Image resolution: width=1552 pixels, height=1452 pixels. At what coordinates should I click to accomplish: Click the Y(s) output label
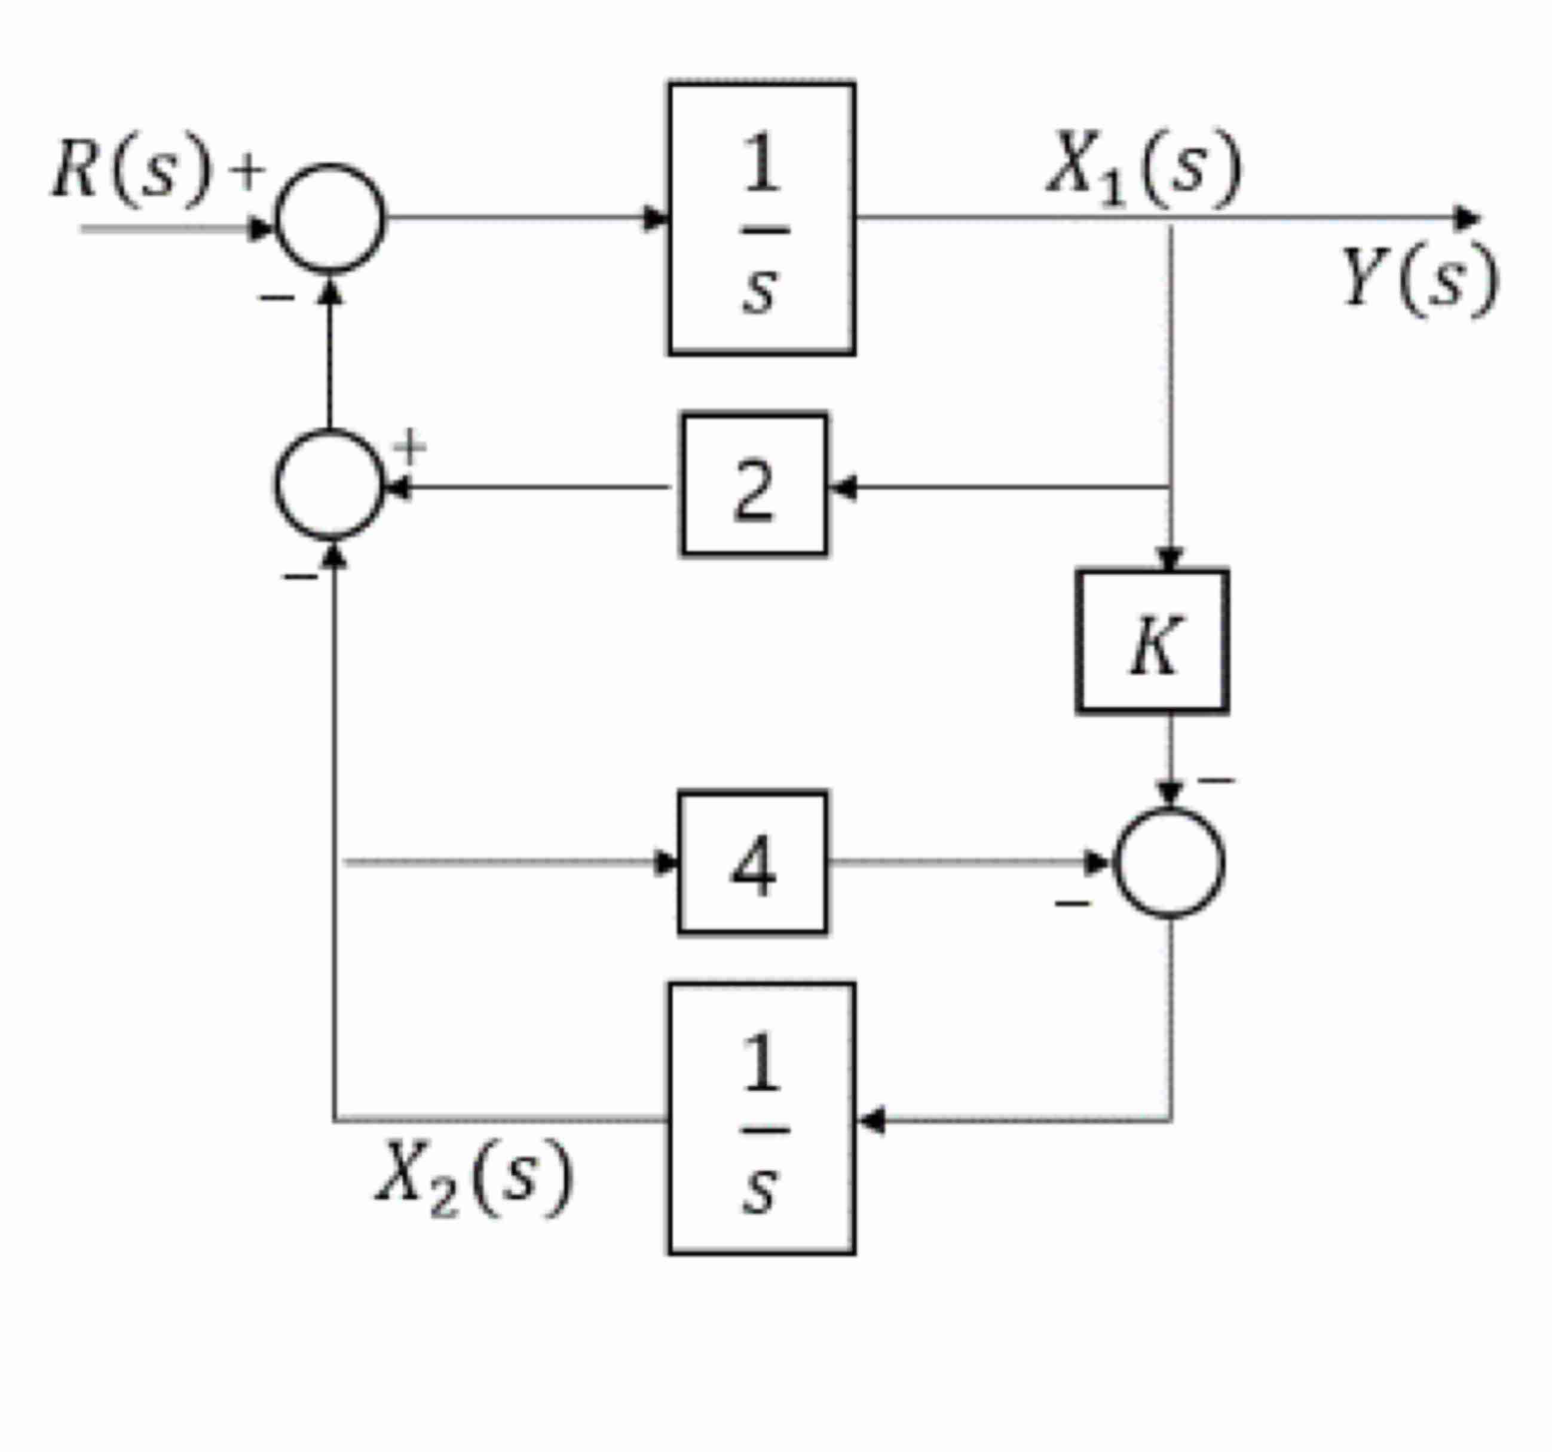coord(1419,280)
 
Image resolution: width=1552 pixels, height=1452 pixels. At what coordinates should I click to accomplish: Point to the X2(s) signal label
coord(475,1179)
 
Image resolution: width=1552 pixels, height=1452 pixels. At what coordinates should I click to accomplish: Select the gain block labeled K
coord(1152,642)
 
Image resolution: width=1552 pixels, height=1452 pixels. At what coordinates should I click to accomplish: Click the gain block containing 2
coord(754,485)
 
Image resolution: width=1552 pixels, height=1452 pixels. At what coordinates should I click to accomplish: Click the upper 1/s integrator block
coord(761,219)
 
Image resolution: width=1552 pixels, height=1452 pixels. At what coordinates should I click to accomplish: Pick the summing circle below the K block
coord(1169,863)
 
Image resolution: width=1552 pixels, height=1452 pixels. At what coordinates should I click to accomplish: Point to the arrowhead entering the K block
coord(1169,560)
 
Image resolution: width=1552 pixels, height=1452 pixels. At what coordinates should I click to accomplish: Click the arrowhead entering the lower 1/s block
coord(871,1120)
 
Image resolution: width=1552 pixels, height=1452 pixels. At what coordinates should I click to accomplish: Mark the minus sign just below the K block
coord(1216,780)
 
